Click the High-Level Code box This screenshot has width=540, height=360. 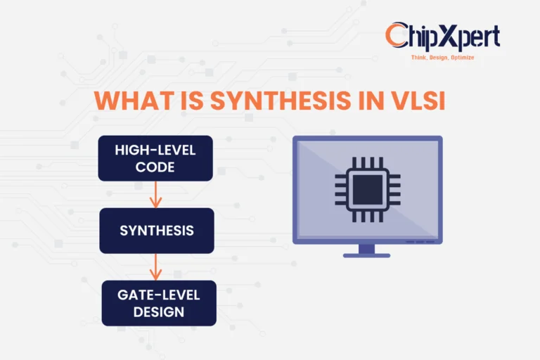(x=155, y=158)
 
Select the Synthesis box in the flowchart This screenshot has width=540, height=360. (x=156, y=230)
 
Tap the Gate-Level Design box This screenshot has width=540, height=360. (x=158, y=303)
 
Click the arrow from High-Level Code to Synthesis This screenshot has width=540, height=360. (x=156, y=195)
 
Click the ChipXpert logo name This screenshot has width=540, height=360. (x=443, y=37)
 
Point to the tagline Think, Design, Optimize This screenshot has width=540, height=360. (x=442, y=57)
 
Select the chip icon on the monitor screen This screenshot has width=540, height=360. (x=367, y=188)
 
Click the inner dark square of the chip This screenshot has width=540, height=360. (x=367, y=188)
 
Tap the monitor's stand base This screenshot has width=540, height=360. (x=366, y=255)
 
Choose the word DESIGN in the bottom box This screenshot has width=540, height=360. (x=158, y=311)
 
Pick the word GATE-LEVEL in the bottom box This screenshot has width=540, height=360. (x=158, y=295)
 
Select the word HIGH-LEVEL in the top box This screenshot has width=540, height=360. (x=155, y=150)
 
